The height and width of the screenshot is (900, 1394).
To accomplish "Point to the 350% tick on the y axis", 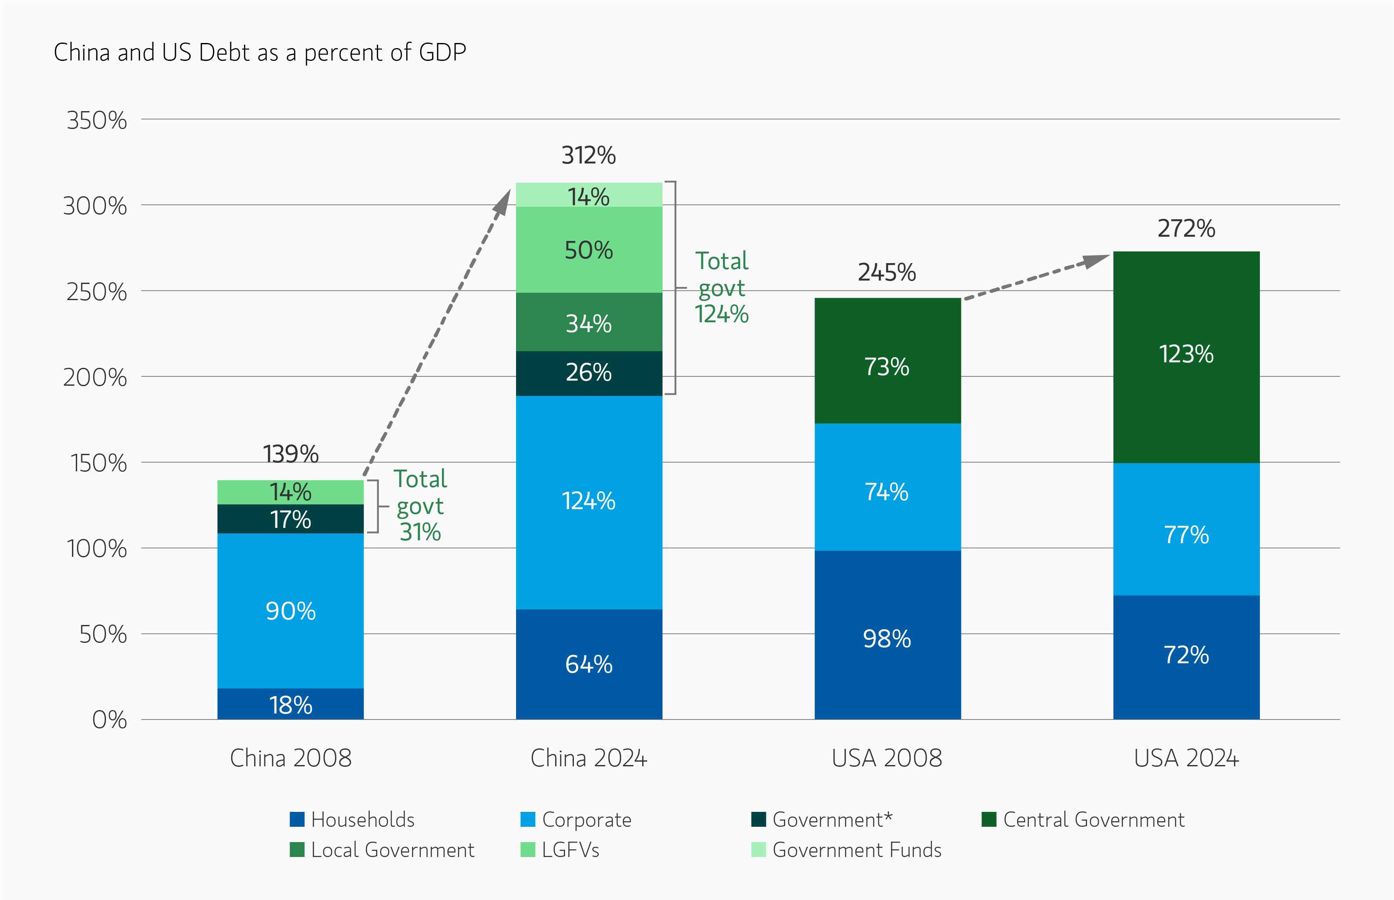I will click(97, 120).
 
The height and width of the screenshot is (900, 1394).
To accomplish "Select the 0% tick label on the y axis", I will click(109, 720).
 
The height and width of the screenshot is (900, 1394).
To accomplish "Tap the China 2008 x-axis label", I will click(290, 759).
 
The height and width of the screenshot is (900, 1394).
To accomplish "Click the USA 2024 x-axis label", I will click(1186, 759).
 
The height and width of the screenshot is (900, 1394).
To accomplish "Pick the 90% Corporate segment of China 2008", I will click(290, 611).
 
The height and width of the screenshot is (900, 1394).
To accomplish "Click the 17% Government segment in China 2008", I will click(290, 519).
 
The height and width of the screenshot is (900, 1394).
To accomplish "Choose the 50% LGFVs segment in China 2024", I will click(588, 250).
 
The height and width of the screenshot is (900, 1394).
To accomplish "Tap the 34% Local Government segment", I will click(588, 323).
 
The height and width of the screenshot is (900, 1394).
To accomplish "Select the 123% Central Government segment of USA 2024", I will click(1186, 354).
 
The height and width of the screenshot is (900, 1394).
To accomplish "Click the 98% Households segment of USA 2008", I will click(886, 638).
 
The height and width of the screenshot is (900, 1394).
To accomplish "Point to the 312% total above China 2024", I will click(588, 155).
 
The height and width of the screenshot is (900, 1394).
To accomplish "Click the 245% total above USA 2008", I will click(886, 272).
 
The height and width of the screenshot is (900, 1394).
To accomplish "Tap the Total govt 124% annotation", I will click(721, 287).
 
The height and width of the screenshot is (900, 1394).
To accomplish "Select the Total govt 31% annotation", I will click(420, 505).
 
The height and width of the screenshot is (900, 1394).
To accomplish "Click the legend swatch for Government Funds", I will click(758, 850).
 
